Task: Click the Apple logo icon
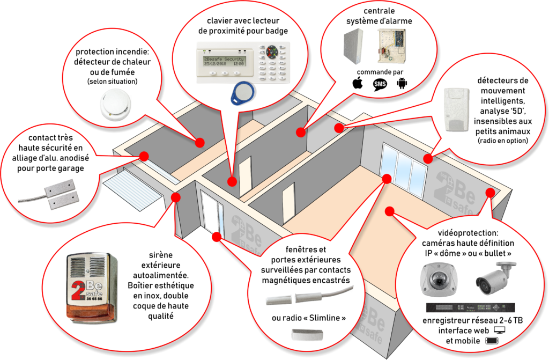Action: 357,84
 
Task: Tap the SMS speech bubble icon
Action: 380,84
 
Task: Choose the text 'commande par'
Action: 380,72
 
